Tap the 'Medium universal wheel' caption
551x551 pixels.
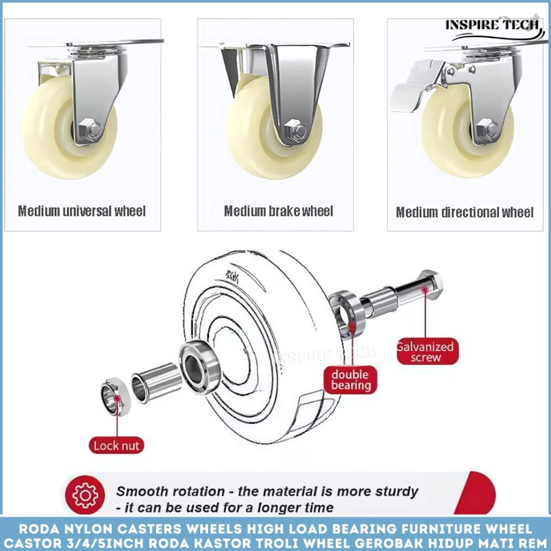pos(82,211)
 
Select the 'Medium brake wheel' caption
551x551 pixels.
pos(278,211)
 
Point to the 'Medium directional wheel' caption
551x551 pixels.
pos(464,212)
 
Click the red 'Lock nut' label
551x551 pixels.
pos(116,445)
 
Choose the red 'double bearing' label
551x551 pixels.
pos(350,380)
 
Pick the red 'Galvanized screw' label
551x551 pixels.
pos(425,352)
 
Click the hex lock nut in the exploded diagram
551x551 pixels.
pos(115,396)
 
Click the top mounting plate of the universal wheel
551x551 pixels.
pos(116,42)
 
